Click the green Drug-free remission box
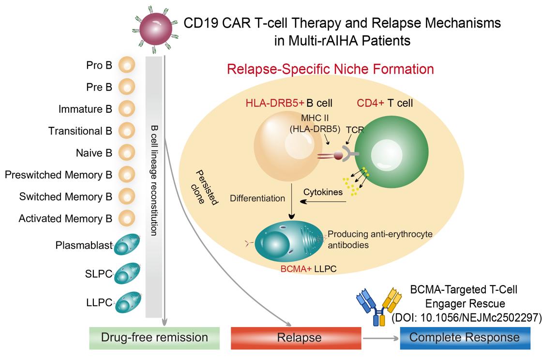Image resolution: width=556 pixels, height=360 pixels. point(154,337)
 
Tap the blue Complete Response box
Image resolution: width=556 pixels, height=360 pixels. point(465,337)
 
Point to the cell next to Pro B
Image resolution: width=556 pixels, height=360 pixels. point(127,65)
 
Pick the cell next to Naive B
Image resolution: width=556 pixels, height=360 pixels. point(127,153)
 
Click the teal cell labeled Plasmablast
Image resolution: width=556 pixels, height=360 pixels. point(127,246)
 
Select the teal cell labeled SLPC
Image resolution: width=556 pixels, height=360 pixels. point(127,274)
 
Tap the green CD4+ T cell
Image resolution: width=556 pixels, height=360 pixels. point(391,156)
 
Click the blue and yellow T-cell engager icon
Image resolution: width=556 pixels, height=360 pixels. point(377,303)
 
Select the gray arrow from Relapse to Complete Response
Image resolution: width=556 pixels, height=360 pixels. point(381,338)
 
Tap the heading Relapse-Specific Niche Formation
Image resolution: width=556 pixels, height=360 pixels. point(330,69)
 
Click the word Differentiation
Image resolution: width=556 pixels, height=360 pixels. point(258,198)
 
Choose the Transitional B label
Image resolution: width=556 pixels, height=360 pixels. point(80,131)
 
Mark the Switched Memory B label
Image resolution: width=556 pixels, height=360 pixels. point(66,197)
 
